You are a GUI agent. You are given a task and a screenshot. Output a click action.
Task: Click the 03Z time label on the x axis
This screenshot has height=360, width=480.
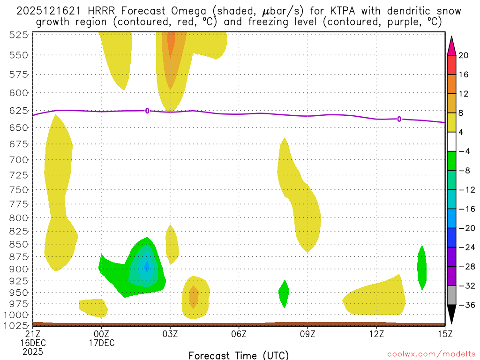(x=170, y=334)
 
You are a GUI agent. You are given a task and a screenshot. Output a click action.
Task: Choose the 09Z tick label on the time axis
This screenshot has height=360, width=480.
(x=307, y=334)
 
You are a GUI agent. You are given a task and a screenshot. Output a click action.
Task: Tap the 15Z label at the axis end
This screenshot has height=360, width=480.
(x=445, y=334)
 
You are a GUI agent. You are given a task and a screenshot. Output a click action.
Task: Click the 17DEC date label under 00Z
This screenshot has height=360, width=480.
(x=102, y=343)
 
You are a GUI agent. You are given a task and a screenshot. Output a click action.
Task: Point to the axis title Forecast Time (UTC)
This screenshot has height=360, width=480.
(x=239, y=355)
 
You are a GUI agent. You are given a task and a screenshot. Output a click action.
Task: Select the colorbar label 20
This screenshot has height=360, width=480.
(x=464, y=55)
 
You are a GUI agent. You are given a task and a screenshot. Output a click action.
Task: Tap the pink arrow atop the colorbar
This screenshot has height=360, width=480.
(x=451, y=44)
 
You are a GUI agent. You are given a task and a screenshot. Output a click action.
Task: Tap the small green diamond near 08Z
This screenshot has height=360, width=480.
(x=284, y=293)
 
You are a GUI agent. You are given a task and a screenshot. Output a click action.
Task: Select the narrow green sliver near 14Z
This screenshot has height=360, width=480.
(x=422, y=267)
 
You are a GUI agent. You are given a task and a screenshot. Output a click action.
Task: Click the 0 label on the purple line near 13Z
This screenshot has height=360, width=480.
(x=399, y=119)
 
